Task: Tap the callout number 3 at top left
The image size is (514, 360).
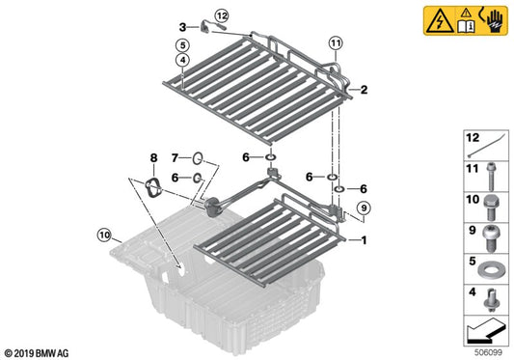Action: [181, 27]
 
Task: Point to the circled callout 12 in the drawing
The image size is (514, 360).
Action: [222, 15]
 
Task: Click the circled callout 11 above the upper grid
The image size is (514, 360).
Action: [335, 43]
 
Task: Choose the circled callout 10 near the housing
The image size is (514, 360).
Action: [104, 233]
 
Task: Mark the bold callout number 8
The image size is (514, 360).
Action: [151, 156]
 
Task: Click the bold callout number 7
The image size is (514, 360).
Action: [175, 156]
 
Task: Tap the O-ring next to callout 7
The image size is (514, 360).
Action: [196, 157]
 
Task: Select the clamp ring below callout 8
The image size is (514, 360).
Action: [151, 187]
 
